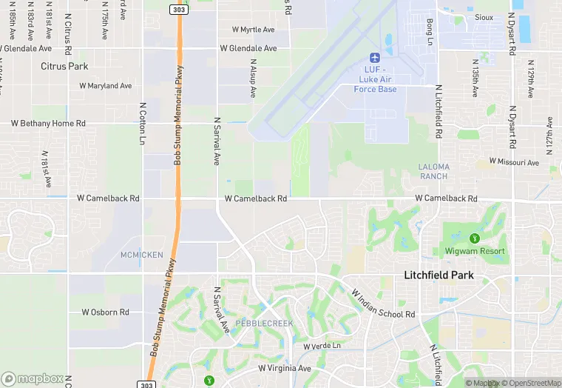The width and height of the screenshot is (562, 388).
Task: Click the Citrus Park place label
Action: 64,66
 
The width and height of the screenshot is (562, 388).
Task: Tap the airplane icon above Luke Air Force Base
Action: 374,57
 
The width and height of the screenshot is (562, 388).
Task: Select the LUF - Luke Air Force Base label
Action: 377,79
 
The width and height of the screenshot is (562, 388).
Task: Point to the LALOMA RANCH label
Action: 433,171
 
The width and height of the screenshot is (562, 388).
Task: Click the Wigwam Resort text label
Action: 475,251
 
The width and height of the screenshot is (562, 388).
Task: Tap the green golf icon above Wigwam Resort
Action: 475,238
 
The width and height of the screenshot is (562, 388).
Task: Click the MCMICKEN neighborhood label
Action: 141,255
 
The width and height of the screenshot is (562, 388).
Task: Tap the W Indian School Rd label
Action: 383,304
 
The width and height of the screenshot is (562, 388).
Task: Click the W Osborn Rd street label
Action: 105,312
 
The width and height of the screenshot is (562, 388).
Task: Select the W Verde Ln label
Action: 322,346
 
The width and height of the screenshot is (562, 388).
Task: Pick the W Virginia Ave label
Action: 285,368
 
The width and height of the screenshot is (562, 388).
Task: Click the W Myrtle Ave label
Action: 253,30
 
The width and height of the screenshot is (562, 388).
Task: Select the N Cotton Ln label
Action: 142,123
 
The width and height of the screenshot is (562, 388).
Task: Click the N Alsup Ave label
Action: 253,79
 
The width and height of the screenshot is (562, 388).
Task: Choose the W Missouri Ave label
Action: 514,161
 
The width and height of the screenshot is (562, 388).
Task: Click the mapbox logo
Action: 33,378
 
